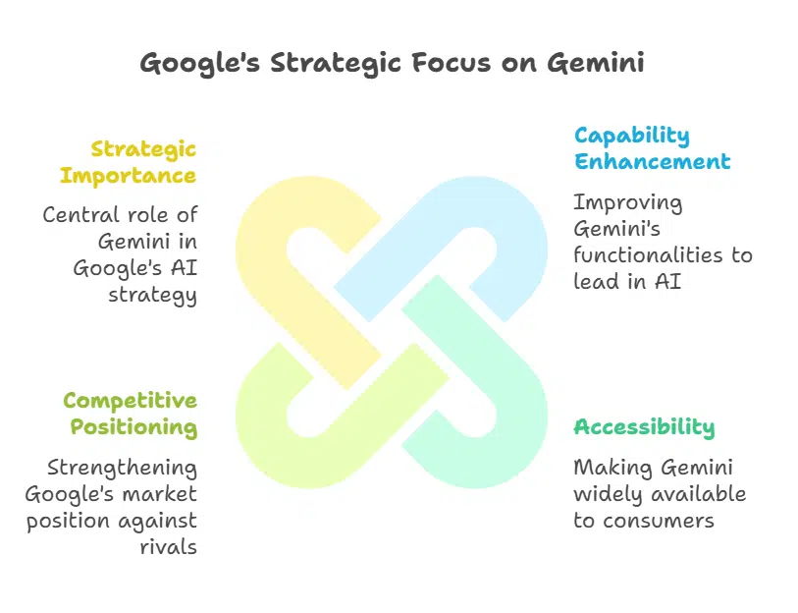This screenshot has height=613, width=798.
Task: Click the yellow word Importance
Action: [x=128, y=176]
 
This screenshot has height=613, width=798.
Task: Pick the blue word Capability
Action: [x=631, y=136]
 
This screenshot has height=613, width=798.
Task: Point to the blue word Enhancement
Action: [x=652, y=161]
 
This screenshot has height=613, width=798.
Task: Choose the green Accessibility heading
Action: [x=644, y=427]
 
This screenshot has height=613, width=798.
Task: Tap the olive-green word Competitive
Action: [x=130, y=401]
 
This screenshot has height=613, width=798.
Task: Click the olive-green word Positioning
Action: [x=133, y=427]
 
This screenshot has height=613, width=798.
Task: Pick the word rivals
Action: [x=169, y=547]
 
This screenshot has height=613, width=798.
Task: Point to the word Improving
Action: [x=627, y=202]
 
